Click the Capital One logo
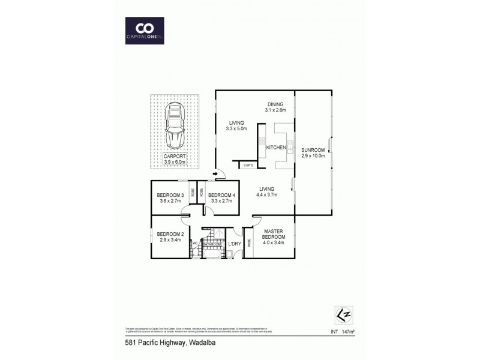pyautogui.click(x=143, y=30)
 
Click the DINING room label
pyautogui.click(x=275, y=107)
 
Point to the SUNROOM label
pyautogui.click(x=313, y=152)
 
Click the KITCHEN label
pyautogui.click(x=275, y=147)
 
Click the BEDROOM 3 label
pyautogui.click(x=170, y=197)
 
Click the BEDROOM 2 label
pyautogui.click(x=170, y=237)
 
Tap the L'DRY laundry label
pyautogui.click(x=234, y=244)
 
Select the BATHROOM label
pyautogui.click(x=212, y=244)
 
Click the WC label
pyautogui.click(x=195, y=243)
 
